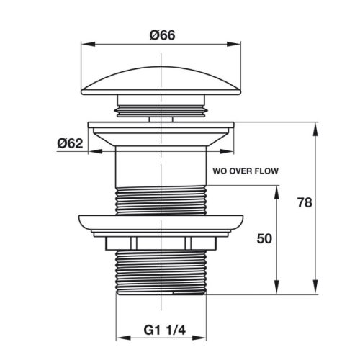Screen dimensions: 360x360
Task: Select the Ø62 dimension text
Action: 70,143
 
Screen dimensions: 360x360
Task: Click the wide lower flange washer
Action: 159,225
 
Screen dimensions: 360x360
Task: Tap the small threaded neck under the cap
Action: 159,109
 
